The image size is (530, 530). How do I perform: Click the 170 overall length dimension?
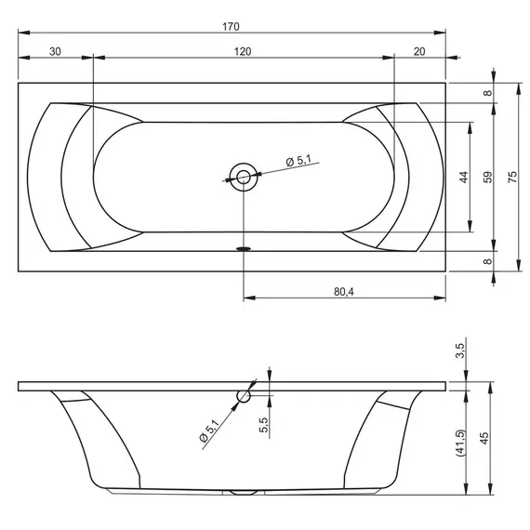point(231,26)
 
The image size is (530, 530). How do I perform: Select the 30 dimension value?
point(55,52)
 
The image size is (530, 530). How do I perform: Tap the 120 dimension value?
point(243,52)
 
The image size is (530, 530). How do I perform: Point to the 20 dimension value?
point(419,52)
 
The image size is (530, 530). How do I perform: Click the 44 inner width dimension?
point(464,177)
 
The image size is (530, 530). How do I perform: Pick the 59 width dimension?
point(488,177)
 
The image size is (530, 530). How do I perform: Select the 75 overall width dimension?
point(512,177)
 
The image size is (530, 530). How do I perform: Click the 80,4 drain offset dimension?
point(344,291)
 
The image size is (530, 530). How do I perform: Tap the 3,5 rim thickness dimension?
point(460,351)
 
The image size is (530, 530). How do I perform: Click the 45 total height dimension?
point(484,438)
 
